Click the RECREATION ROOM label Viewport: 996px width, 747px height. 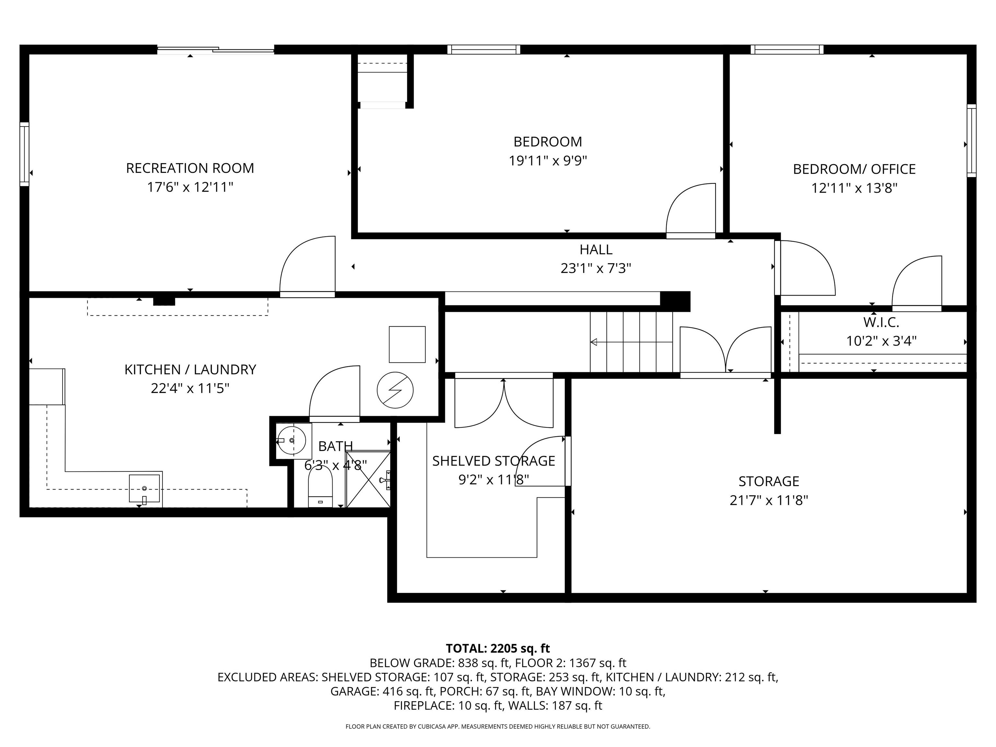190,168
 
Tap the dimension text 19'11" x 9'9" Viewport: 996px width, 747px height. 548,161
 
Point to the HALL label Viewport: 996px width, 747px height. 595,249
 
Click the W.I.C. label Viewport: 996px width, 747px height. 881,322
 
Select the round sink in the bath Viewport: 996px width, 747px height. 292,440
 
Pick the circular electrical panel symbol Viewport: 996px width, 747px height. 395,390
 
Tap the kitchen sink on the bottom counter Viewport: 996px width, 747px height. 144,488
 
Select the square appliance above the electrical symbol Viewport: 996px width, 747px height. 407,344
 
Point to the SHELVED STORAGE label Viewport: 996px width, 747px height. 493,461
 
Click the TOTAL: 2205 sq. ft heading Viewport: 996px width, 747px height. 498,648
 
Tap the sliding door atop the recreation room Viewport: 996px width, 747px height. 215,50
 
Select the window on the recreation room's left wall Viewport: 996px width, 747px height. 24,154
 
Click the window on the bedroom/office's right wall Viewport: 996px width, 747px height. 971,140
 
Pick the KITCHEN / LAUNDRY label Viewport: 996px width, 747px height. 190,369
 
